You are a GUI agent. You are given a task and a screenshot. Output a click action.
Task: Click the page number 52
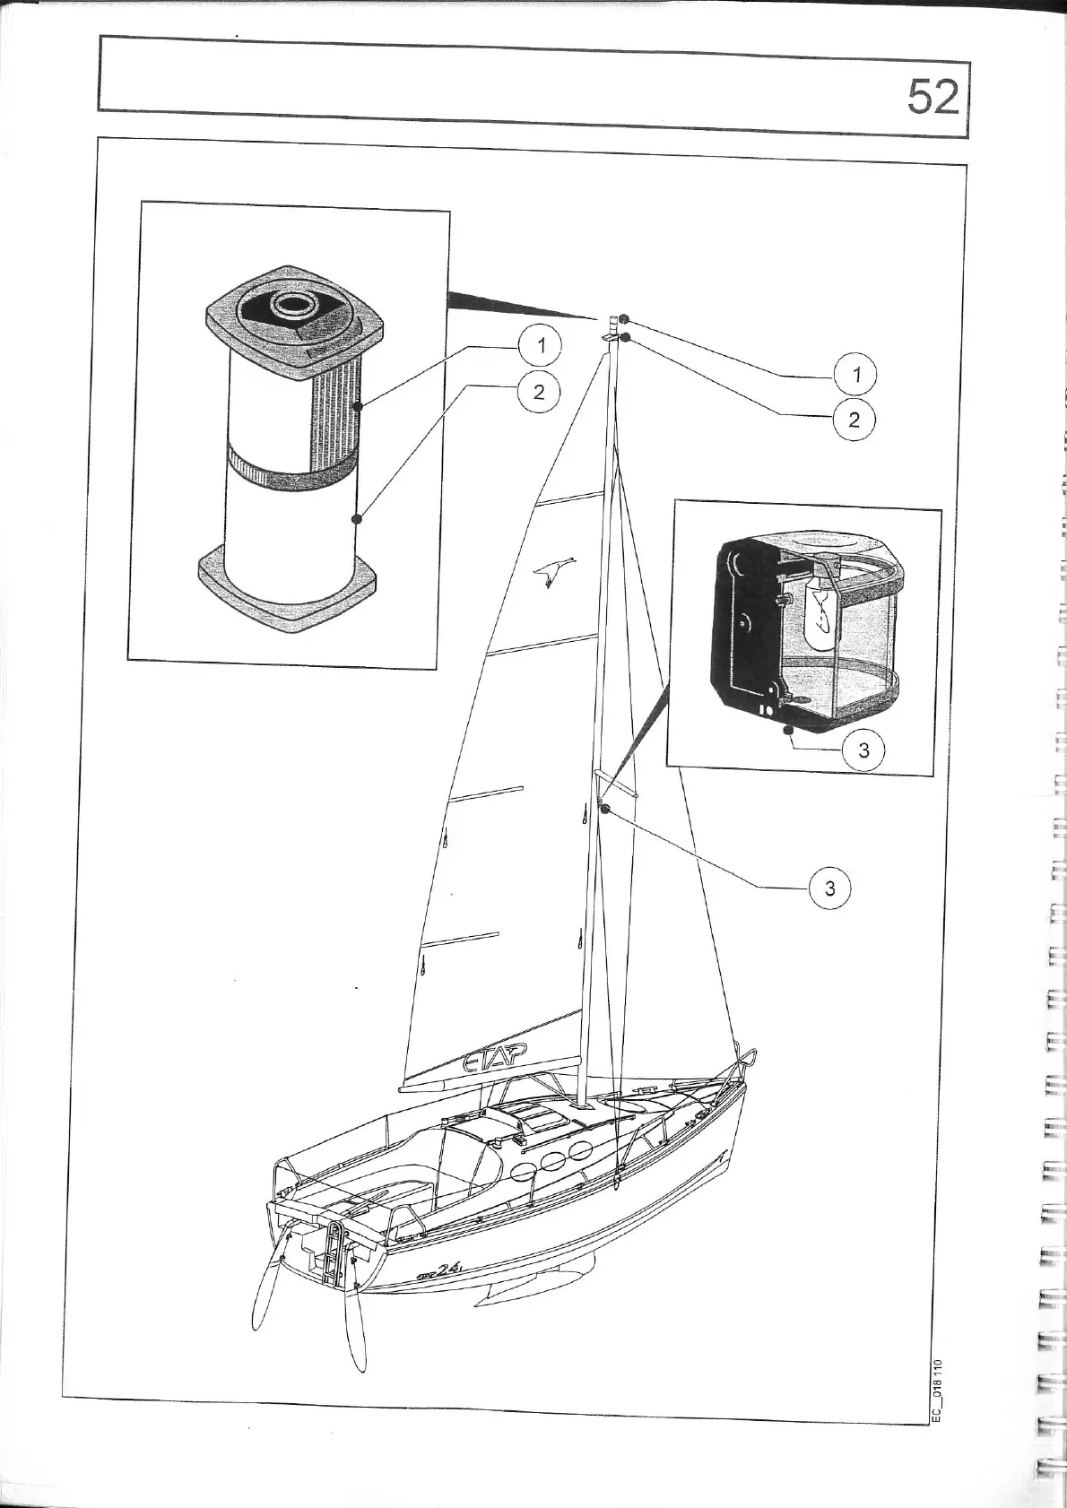tap(933, 96)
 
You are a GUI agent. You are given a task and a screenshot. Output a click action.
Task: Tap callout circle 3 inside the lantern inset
tap(863, 750)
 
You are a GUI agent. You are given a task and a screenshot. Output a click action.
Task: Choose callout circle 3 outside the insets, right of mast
tap(829, 888)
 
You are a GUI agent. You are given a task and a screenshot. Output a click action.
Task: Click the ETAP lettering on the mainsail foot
tap(493, 1061)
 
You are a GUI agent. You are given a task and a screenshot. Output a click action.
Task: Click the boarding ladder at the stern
tap(334, 1255)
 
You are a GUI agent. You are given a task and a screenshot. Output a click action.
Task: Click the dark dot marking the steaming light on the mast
tap(604, 810)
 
